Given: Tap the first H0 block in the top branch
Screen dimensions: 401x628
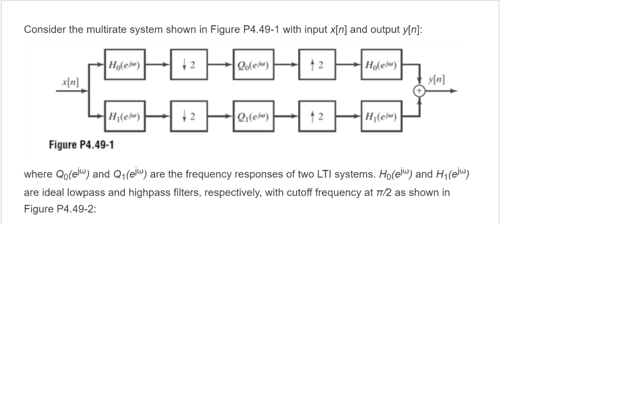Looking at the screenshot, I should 125,65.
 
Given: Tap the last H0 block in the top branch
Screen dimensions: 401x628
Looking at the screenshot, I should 382,65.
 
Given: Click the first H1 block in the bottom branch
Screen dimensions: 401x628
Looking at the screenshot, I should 125,117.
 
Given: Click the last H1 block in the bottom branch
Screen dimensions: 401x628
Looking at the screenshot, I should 382,117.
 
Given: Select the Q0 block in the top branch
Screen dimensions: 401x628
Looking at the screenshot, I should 254,65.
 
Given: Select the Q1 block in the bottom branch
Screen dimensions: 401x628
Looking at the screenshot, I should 254,117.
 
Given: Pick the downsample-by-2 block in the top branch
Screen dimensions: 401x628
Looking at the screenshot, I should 190,65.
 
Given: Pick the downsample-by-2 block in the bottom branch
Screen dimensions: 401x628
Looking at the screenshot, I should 190,117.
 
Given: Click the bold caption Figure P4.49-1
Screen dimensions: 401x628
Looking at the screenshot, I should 81,145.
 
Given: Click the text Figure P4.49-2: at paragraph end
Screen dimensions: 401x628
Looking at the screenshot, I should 60,208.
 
